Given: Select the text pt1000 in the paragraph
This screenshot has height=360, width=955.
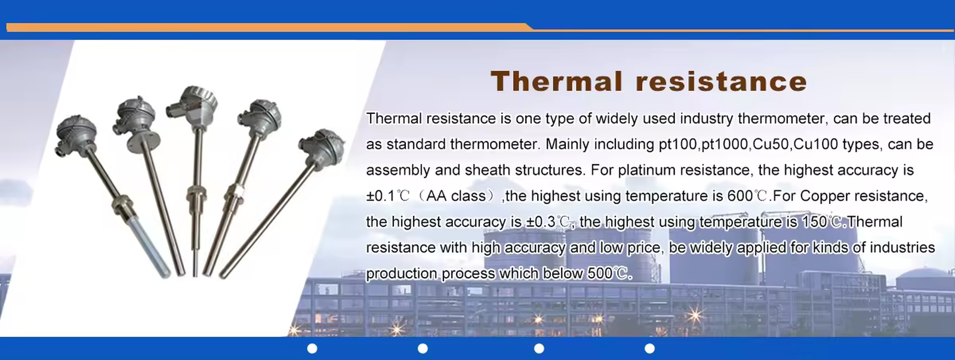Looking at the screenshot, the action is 725,144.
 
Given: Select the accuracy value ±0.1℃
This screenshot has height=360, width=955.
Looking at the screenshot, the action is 387,196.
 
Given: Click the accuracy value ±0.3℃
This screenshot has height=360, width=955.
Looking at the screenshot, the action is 547,222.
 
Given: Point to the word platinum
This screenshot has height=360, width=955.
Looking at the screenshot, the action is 647,170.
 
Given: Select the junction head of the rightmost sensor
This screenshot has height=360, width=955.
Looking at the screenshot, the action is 322,147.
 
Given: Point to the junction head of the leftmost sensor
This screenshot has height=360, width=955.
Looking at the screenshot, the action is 76,133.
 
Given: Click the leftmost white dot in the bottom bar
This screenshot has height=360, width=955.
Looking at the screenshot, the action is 312,349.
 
